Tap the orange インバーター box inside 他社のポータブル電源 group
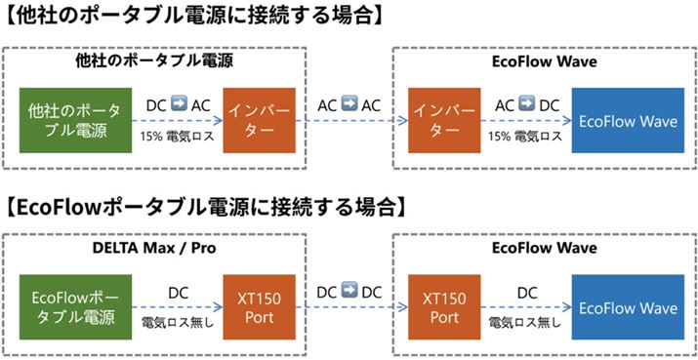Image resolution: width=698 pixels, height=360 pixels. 257,120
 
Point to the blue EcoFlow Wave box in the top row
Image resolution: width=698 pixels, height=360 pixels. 628,120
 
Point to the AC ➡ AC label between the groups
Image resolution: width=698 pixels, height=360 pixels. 349,102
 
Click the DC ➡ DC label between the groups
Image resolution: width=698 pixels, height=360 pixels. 349,292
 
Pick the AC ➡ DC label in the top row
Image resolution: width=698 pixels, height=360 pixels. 527,103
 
